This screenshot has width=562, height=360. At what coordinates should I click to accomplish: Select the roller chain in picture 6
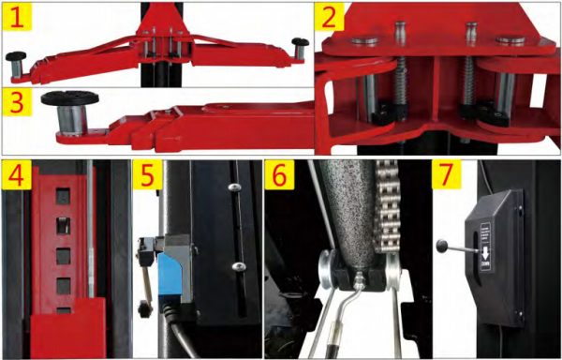click(x=388, y=216)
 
